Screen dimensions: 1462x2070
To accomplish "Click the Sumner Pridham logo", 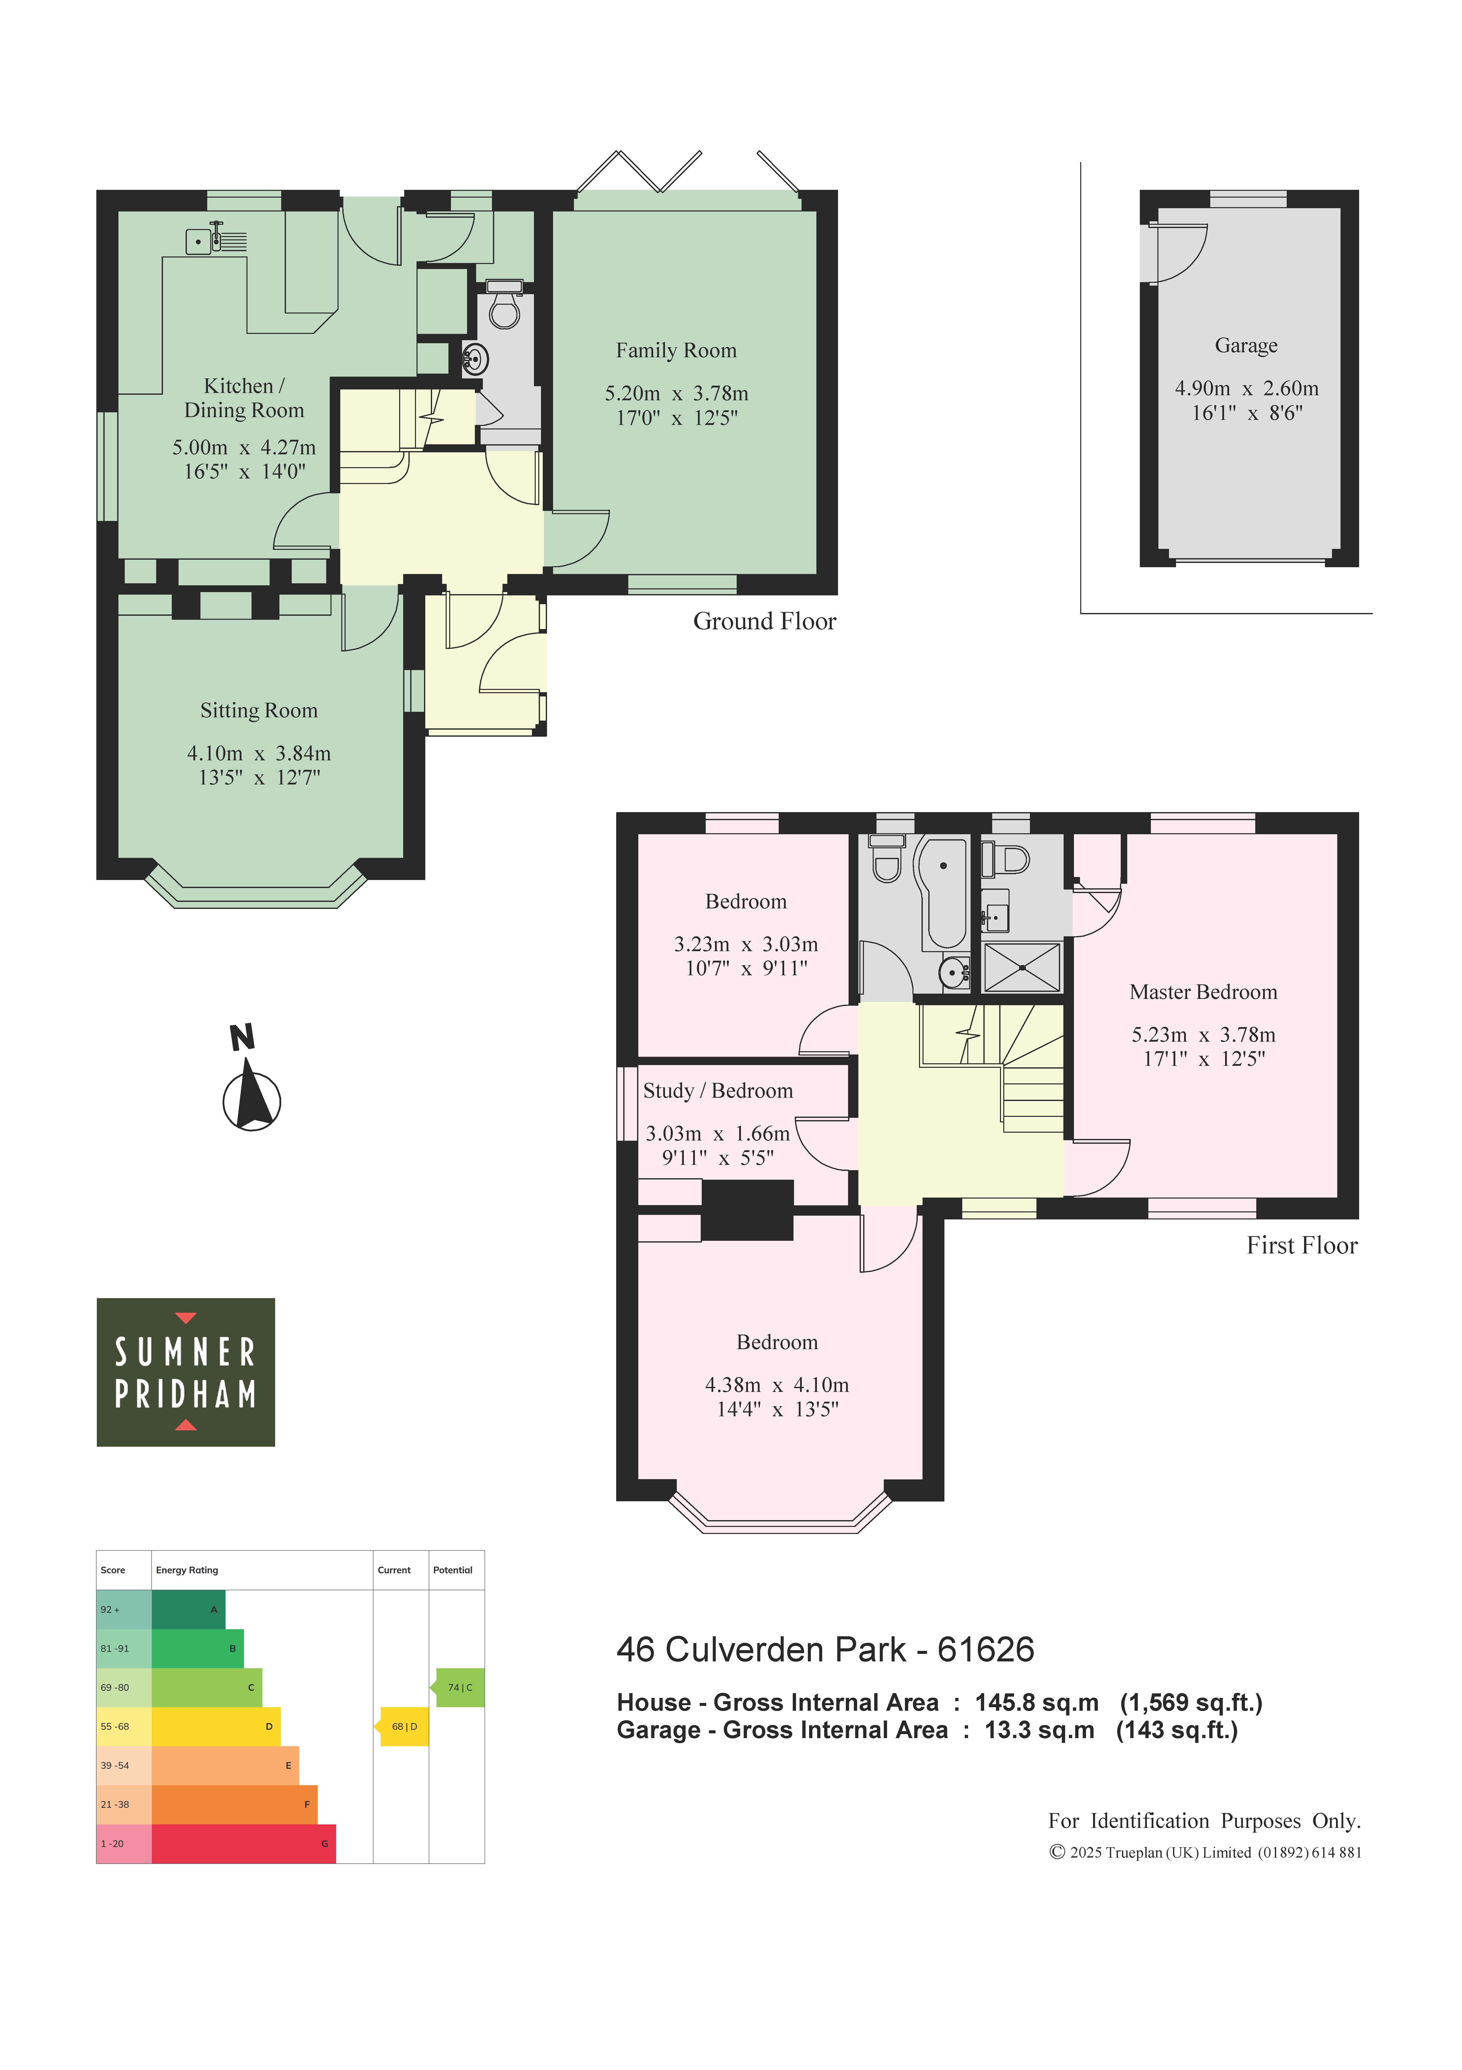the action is (x=186, y=1372).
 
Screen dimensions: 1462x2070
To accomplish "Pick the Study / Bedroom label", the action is (x=718, y=1091).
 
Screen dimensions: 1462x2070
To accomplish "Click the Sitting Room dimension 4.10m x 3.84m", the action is (x=259, y=753).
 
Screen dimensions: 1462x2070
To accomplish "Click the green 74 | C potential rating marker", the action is (x=459, y=1688).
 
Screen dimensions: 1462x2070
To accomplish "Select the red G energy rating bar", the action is (x=243, y=1844).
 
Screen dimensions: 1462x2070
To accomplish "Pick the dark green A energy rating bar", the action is (x=188, y=1609).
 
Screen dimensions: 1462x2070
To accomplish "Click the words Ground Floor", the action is (x=764, y=621).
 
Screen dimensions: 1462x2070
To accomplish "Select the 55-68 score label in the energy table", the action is (x=114, y=1727).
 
